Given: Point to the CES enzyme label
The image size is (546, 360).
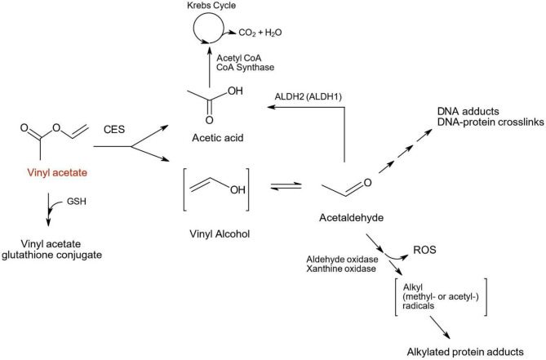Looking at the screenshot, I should tap(113, 128).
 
